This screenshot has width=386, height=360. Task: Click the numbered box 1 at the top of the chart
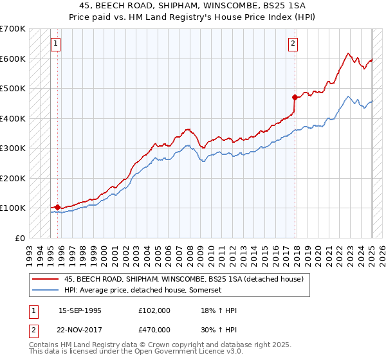click(55, 44)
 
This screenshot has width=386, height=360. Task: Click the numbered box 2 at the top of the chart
click(293, 44)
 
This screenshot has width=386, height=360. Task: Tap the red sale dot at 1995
click(58, 207)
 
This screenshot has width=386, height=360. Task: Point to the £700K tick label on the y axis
click(13, 29)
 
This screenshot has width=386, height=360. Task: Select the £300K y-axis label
click(13, 148)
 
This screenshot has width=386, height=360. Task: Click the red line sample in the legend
click(44, 279)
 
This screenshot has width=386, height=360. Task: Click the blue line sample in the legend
click(44, 290)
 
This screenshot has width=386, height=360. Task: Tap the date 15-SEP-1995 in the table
click(80, 310)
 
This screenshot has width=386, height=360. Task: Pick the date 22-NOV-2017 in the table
click(80, 330)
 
